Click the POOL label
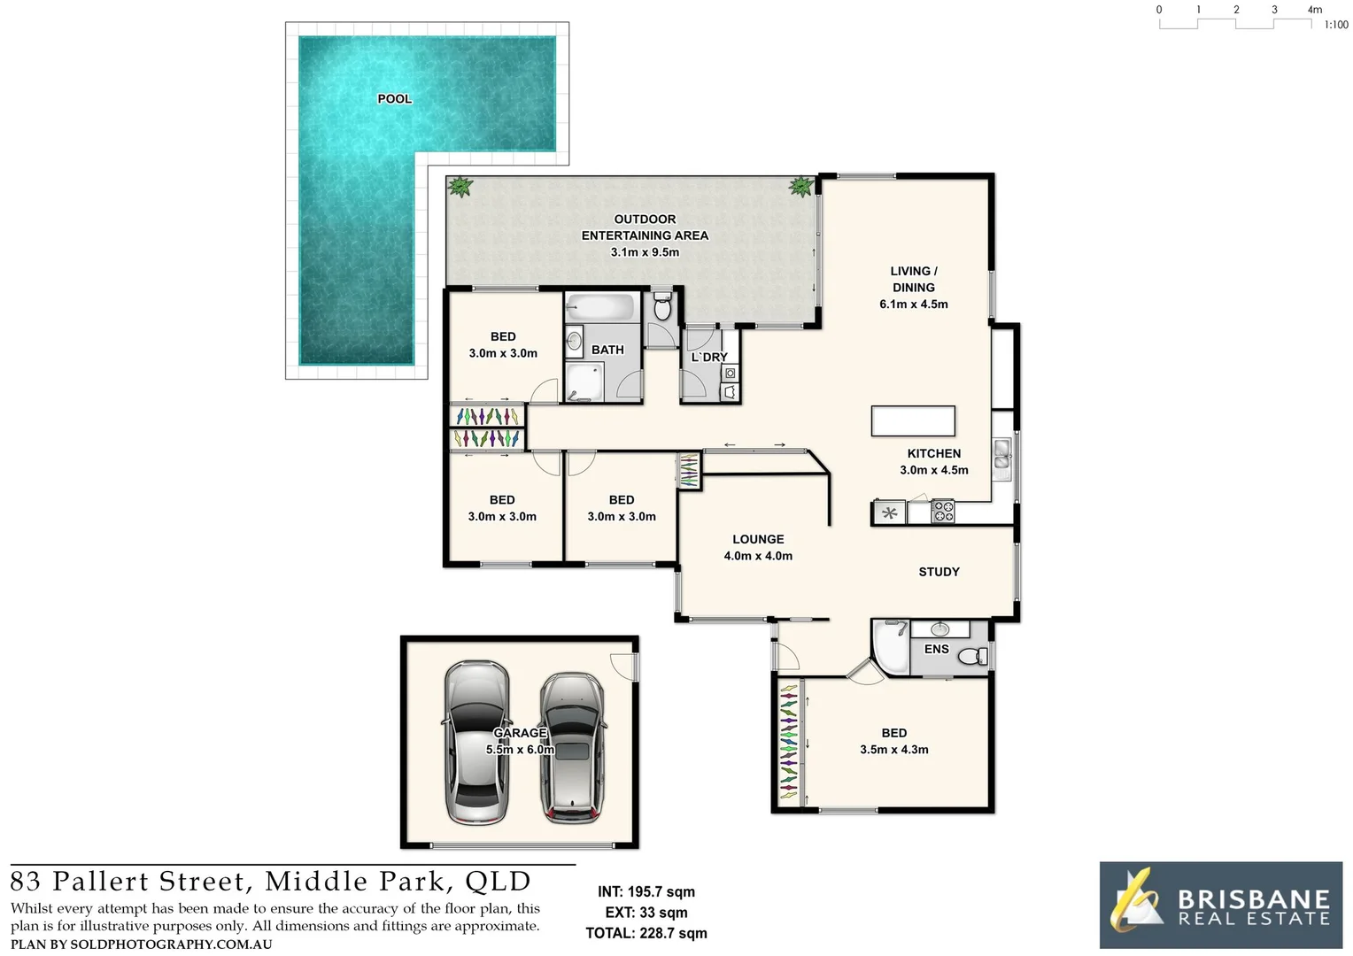pos(394,98)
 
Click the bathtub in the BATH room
pos(601,308)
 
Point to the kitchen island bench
pos(913,420)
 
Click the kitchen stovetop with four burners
pos(943,512)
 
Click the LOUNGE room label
pos(758,539)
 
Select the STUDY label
pos(939,572)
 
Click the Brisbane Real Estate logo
pos(1220,906)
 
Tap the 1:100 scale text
pos(1335,25)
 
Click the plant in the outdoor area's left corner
pos(460,187)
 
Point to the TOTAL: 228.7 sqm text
pos(646,933)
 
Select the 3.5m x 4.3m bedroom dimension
pos(893,750)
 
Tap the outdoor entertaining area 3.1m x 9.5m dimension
pos(645,252)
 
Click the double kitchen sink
pos(1002,452)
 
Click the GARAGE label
pos(520,733)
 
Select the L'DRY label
pos(709,358)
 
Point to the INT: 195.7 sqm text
pos(646,892)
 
